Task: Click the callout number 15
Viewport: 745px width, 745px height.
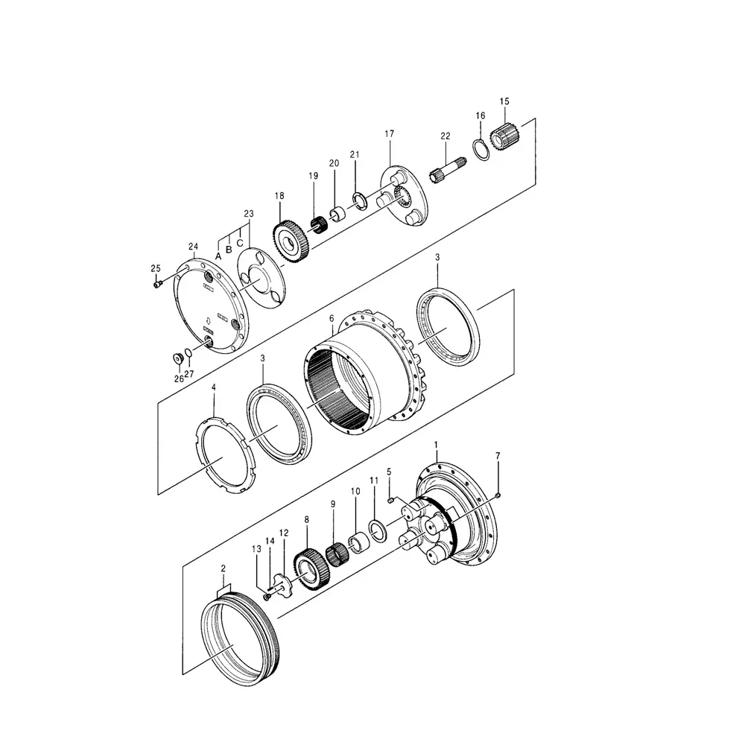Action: click(x=504, y=101)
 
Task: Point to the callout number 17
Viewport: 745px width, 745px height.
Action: click(x=389, y=134)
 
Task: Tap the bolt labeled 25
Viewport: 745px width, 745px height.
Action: click(x=157, y=283)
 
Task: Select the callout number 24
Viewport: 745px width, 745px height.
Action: click(x=193, y=246)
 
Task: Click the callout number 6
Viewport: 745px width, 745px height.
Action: click(x=331, y=317)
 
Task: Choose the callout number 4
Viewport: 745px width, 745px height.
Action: click(x=214, y=387)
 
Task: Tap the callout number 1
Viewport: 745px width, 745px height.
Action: click(x=436, y=444)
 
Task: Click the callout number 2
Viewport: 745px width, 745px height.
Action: click(x=223, y=568)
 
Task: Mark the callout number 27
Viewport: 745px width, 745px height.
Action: click(x=189, y=375)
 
